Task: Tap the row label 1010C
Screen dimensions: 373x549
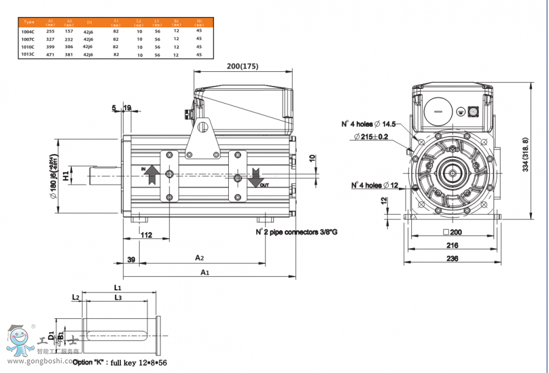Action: (x=28, y=46)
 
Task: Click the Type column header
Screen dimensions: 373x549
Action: (x=29, y=21)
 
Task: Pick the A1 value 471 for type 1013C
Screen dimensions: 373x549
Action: (x=51, y=54)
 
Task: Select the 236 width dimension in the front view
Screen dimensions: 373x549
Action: (x=451, y=258)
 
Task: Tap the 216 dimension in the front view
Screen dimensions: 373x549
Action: (x=451, y=245)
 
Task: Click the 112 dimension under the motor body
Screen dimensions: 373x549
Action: (x=146, y=235)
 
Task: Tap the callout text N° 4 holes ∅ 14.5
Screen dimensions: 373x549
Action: (x=368, y=124)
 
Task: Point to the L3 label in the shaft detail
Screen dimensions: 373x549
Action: (x=118, y=297)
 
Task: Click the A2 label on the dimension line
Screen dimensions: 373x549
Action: (x=199, y=258)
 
